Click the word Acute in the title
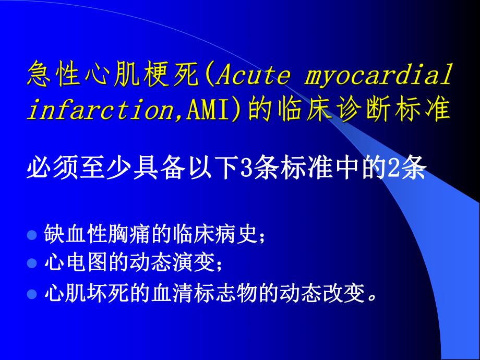(251, 76)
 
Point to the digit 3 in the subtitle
(245, 170)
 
